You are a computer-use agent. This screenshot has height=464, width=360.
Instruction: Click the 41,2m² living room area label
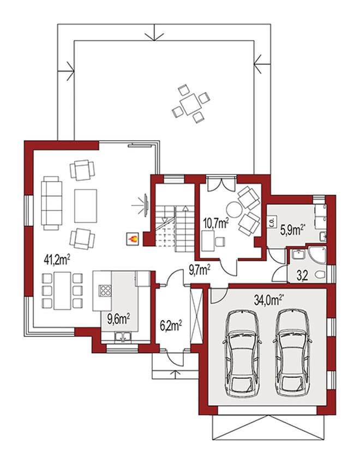pos(57,260)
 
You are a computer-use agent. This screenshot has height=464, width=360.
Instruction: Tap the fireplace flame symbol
pos(133,239)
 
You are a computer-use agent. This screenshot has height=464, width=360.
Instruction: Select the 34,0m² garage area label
pos(268,300)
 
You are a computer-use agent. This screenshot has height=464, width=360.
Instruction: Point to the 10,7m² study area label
pos(217,223)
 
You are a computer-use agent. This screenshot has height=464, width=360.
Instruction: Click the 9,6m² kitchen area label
pos(119,319)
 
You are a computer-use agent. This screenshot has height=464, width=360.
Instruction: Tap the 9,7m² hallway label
pos(200,269)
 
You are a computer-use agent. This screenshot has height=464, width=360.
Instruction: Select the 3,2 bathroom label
pos(302,276)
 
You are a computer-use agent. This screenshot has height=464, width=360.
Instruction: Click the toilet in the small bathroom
pos(320,275)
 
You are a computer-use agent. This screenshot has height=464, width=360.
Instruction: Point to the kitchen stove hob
pos(105,290)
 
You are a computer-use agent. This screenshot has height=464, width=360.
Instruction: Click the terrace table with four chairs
pos(191,104)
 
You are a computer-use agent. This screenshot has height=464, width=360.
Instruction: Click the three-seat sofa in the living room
pos(51,203)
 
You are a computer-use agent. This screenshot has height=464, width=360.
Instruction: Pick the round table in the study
pos(235,209)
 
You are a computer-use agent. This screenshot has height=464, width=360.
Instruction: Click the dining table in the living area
pos(62,290)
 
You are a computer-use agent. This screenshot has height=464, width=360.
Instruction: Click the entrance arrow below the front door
pos(176,373)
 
